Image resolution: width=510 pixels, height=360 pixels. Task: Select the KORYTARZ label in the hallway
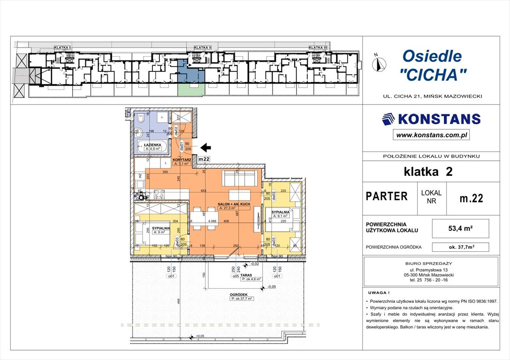coord(182,160)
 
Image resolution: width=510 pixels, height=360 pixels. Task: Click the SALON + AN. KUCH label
coord(233,205)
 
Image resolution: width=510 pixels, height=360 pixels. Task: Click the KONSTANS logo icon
coord(388,119)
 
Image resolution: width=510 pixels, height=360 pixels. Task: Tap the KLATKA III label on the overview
coord(318,47)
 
